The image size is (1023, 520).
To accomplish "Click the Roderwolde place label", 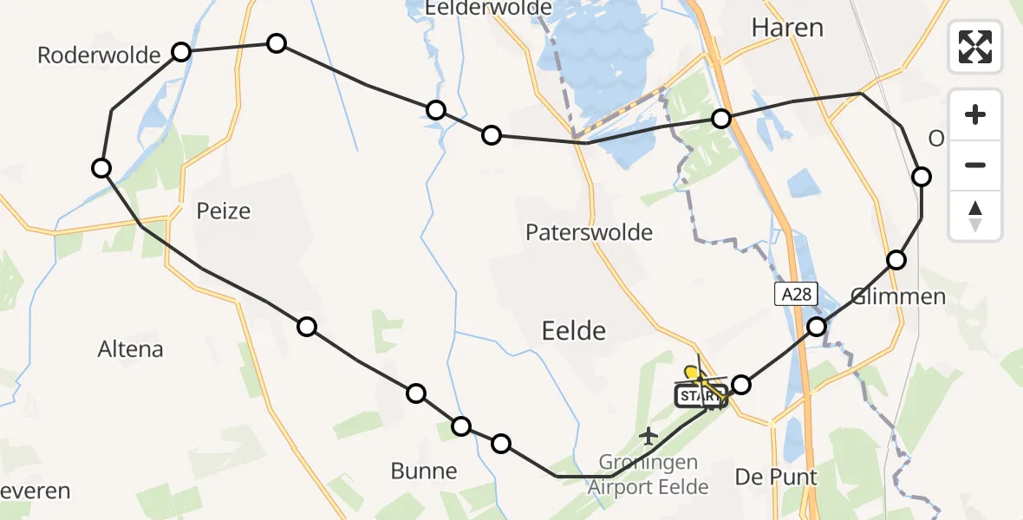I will pos(99,56).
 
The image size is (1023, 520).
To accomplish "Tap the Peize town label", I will pos(224,211).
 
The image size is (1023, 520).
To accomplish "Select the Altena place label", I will pos(131,349).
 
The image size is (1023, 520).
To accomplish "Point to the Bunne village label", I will pos(424,471).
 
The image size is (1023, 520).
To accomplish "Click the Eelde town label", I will pos(573,329).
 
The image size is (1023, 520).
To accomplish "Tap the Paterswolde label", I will pos(589,231).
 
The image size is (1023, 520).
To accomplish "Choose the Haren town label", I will pos(787,28).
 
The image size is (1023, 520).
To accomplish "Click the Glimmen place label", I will pos(897,297).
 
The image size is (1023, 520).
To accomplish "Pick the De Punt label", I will pos(776,477).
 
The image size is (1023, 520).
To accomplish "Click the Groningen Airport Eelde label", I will pos(648,474).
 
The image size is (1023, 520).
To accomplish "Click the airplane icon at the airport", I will pos(648,434).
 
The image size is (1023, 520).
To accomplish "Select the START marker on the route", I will pos(699,397).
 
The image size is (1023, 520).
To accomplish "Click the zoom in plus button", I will pos(975,115).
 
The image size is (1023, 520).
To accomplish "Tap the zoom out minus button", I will pos(975,166).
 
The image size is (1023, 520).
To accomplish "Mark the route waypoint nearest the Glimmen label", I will pos(896,260).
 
